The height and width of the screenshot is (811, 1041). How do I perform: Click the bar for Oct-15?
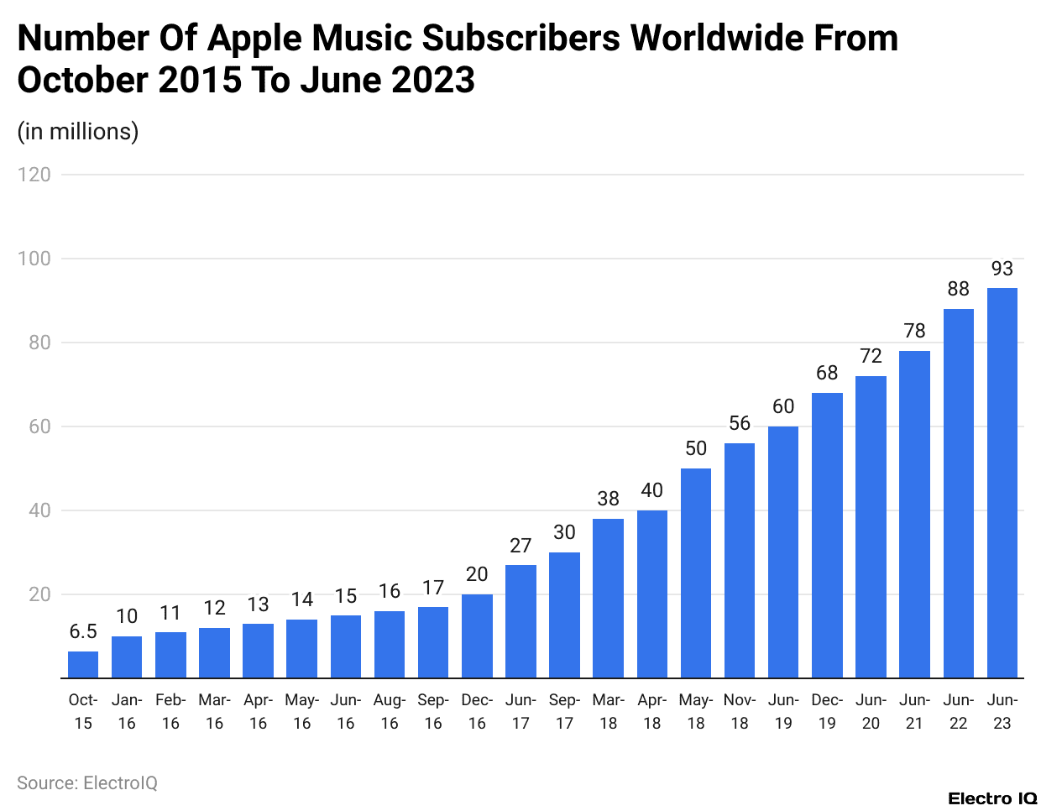(x=83, y=664)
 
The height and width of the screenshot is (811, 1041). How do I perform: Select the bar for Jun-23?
(x=1002, y=483)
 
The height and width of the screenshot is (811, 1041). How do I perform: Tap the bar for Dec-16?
(x=477, y=636)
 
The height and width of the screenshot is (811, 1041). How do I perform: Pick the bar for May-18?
(x=696, y=573)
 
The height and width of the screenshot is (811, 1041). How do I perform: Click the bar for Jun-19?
(x=783, y=552)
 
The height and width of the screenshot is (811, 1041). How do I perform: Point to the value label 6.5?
(x=83, y=631)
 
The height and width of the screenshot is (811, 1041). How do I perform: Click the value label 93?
(x=1002, y=269)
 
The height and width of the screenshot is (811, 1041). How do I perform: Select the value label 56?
(x=740, y=423)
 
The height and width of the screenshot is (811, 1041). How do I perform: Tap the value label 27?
(x=520, y=546)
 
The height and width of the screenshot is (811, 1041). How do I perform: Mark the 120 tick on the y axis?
(x=34, y=175)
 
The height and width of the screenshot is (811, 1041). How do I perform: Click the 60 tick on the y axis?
(x=39, y=426)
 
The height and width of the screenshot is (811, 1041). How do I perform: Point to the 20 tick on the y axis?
(x=39, y=594)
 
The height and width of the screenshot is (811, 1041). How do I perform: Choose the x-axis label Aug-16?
(x=390, y=711)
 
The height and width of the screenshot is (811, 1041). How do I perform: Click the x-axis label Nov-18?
(x=740, y=711)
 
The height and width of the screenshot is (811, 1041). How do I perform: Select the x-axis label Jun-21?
(x=914, y=711)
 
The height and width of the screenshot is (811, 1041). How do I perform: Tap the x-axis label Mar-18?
(x=608, y=711)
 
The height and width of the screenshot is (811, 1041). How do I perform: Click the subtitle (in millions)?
(x=78, y=132)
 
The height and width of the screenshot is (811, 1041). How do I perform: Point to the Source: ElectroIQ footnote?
(x=87, y=782)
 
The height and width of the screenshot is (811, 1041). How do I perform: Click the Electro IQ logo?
(x=992, y=798)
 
